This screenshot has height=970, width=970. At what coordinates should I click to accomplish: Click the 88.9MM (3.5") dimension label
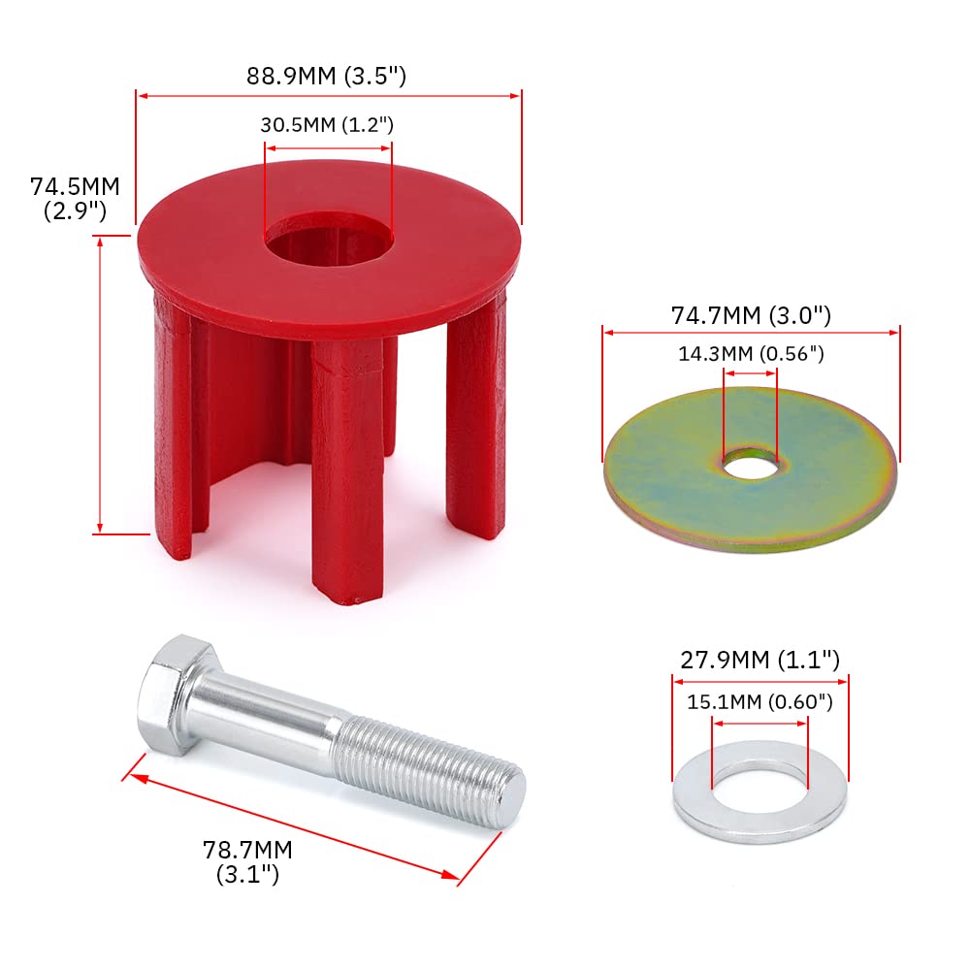pyautogui.click(x=326, y=76)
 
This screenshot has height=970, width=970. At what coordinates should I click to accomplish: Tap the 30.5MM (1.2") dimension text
pyautogui.click(x=327, y=124)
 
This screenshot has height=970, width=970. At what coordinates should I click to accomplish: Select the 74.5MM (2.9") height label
pyautogui.click(x=75, y=199)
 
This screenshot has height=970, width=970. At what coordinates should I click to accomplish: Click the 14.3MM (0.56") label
pyautogui.click(x=751, y=354)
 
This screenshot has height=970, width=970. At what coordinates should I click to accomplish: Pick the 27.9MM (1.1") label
pyautogui.click(x=758, y=661)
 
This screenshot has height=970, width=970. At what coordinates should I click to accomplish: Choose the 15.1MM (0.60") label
pyautogui.click(x=759, y=700)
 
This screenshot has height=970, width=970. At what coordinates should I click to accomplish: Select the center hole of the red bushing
pyautogui.click(x=328, y=235)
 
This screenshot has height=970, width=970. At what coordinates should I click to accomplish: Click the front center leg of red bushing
pyautogui.click(x=347, y=475)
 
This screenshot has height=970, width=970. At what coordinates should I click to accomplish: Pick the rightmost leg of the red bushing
pyautogui.click(x=476, y=417)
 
